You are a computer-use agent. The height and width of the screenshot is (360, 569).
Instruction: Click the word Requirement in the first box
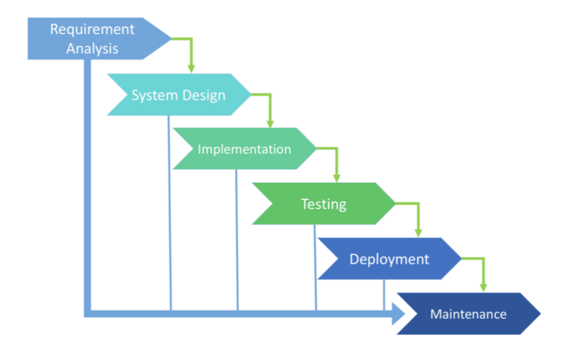point(92,29)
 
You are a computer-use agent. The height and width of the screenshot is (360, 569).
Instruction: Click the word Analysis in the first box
point(92,49)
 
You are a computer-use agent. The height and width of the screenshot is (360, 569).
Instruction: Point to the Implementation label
point(244,149)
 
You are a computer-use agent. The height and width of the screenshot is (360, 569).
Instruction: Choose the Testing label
point(323,204)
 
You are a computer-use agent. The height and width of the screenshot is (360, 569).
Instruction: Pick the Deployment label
point(389,259)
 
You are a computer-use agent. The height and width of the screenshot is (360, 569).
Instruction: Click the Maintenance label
point(468,314)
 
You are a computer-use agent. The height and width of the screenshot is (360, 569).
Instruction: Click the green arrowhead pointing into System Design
point(191,68)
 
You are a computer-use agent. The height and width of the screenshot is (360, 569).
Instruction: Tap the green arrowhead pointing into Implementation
point(270,123)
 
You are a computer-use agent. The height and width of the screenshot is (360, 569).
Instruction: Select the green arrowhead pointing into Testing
point(337,177)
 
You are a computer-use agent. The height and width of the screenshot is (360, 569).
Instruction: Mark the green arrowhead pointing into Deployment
point(418,232)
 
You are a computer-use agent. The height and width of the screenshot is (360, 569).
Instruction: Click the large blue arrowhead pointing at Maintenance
point(400,314)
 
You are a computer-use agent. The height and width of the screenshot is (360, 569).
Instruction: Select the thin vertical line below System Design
point(170,215)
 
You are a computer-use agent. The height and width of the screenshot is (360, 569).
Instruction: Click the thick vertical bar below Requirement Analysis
point(87,181)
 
